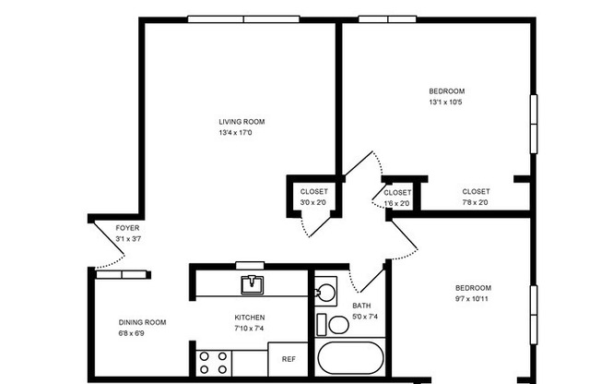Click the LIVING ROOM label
(x=242, y=121)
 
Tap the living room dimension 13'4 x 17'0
(x=235, y=133)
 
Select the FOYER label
(x=127, y=227)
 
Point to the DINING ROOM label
(x=142, y=322)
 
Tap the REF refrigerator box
(x=288, y=359)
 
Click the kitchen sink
(x=251, y=284)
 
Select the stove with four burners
(x=215, y=362)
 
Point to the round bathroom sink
(x=324, y=294)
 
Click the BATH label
(x=361, y=306)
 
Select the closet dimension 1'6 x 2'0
(x=396, y=203)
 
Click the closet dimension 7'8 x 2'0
(x=475, y=203)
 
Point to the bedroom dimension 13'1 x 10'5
(x=446, y=102)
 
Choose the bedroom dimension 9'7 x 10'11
(x=472, y=299)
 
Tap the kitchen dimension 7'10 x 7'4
(x=250, y=329)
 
